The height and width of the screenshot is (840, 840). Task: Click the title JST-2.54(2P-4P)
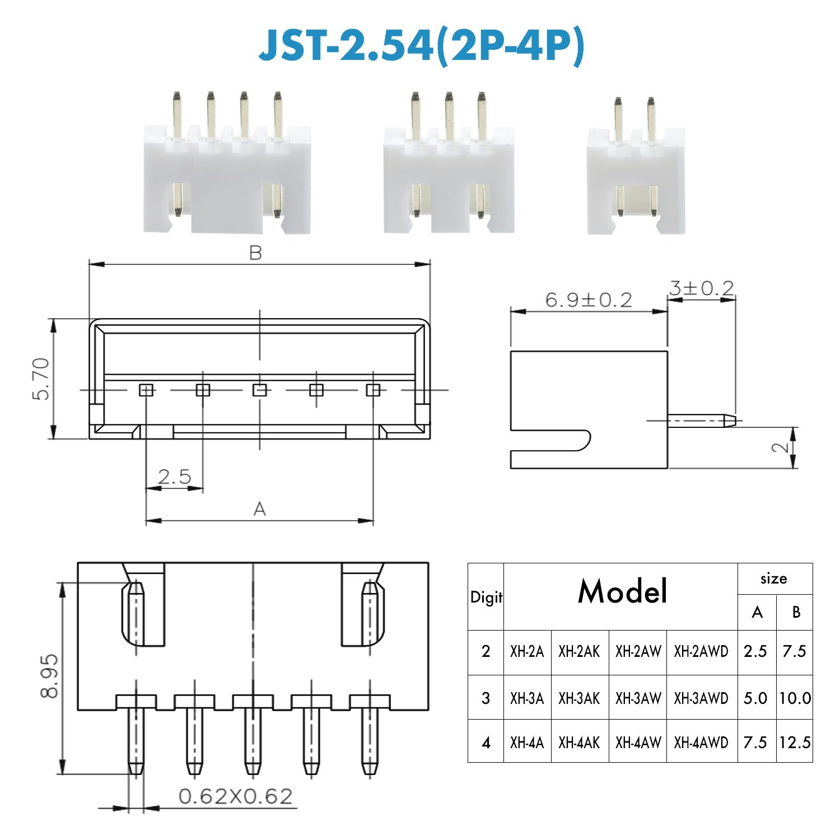coord(421,47)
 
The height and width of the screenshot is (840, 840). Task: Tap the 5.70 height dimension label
coord(41,379)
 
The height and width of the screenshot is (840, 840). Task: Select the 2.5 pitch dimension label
coord(174,477)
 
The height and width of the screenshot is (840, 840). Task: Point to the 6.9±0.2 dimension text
coord(589,300)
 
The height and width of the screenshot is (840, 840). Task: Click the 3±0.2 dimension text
coord(701,288)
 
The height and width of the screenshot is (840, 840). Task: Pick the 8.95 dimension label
coord(49,675)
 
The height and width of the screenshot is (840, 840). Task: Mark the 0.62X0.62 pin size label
coord(235,796)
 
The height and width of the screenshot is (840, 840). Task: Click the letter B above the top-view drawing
coord(255,253)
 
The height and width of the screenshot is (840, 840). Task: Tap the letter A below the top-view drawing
coord(259,509)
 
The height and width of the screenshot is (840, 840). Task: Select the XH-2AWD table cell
coord(701,651)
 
